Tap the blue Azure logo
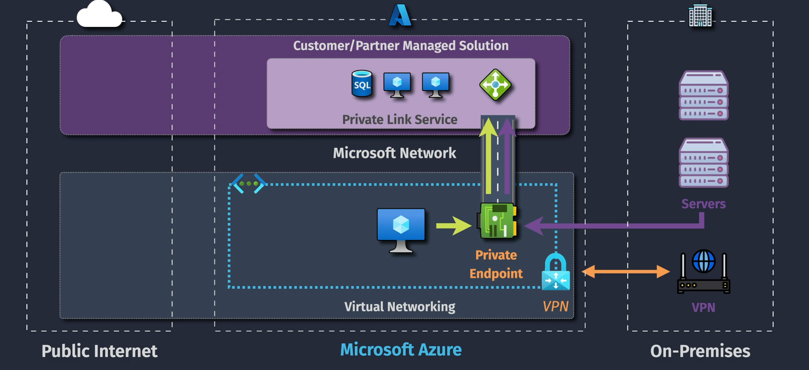[400, 15]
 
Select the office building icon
[700, 16]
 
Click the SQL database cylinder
[362, 84]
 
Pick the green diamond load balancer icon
[495, 84]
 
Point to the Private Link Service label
[399, 119]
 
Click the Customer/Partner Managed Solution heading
[401, 46]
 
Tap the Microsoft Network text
[394, 153]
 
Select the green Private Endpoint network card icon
[497, 221]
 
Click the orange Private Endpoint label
[496, 264]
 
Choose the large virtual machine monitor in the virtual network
[401, 230]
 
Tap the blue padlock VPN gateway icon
[556, 272]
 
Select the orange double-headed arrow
[626, 272]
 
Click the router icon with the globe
[703, 272]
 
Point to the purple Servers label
[703, 204]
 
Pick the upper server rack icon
[703, 95]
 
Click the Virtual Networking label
[399, 307]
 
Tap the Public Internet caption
[100, 351]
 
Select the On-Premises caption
[700, 351]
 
